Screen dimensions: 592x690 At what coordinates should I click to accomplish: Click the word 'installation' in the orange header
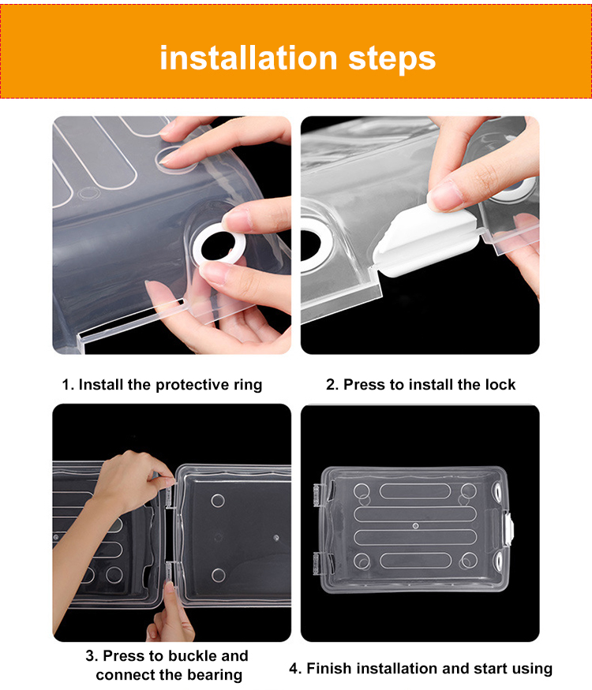[249, 58]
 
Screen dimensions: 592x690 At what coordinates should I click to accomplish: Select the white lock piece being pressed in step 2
[426, 239]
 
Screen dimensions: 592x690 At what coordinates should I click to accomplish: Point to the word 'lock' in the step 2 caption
[500, 384]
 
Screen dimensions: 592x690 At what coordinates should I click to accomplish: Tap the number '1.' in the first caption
[68, 385]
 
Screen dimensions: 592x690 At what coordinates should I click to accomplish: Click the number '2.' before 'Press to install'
[332, 384]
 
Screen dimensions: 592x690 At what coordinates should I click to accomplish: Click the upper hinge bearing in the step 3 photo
[170, 494]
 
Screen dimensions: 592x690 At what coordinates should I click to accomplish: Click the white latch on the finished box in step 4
[508, 528]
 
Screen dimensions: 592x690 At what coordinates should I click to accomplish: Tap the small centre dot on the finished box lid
[415, 526]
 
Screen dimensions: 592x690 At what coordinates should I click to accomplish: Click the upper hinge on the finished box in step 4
[318, 495]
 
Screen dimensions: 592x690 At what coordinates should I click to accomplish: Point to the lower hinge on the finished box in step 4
[318, 564]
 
